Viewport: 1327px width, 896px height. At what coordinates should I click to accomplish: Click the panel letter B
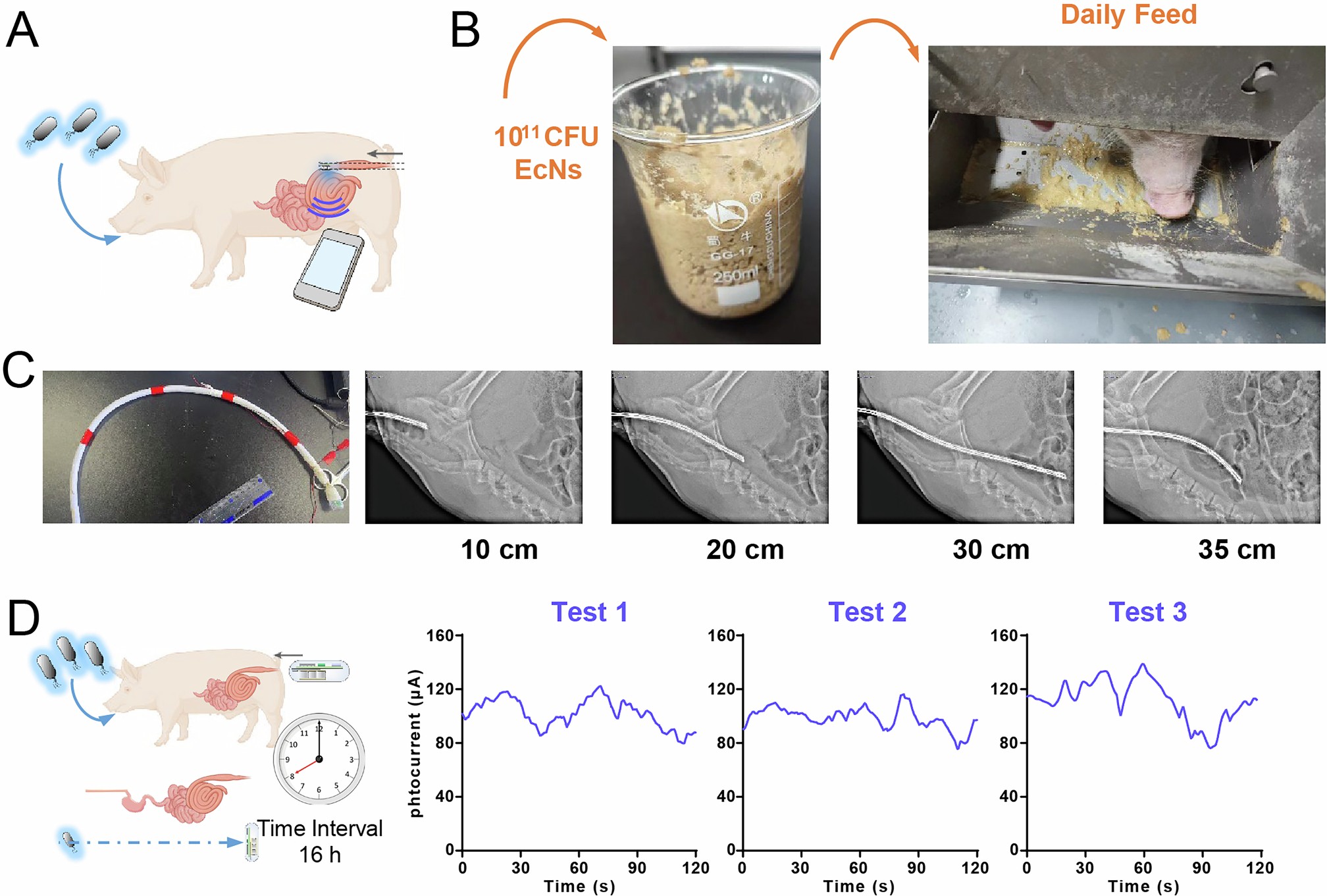point(465,31)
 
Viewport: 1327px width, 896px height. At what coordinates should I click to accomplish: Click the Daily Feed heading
point(1128,14)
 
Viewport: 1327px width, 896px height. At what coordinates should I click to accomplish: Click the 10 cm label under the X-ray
point(499,550)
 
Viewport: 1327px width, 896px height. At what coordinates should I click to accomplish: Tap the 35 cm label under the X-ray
point(1237,550)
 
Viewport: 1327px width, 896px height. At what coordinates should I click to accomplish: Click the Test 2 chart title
point(867,612)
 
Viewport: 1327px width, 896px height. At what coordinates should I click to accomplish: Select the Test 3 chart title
point(1147,612)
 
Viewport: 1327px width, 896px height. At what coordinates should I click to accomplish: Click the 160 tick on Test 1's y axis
point(440,636)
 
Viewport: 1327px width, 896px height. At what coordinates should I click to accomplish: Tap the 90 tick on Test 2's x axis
point(916,868)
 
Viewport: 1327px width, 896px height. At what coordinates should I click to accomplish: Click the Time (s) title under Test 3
point(1143,886)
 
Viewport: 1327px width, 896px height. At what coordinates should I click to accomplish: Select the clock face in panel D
point(319,758)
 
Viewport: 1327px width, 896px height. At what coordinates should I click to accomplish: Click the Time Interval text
point(320,828)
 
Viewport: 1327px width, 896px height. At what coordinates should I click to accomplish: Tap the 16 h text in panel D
point(320,855)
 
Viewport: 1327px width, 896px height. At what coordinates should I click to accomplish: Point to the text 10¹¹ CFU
point(546,137)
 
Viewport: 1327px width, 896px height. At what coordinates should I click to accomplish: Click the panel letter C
point(18,370)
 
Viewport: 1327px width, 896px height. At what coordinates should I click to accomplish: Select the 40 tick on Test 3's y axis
point(1008,797)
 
